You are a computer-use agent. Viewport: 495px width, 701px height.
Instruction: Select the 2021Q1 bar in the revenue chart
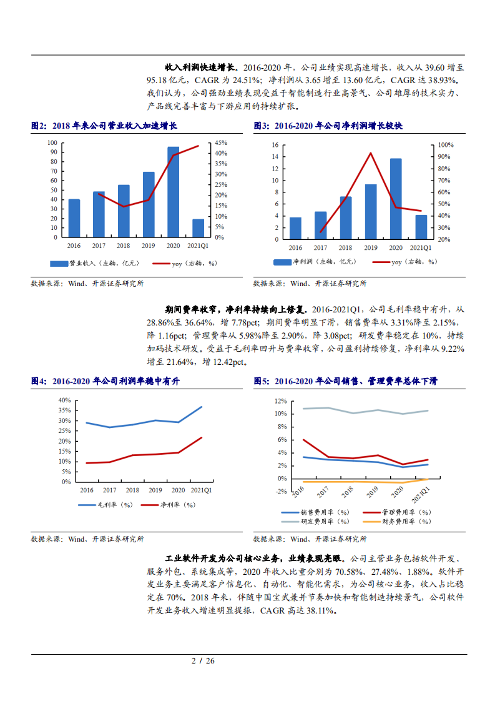(x=198, y=228)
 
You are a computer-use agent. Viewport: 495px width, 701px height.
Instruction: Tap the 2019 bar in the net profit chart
(x=371, y=211)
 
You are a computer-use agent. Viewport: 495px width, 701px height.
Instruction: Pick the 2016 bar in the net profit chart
(x=295, y=228)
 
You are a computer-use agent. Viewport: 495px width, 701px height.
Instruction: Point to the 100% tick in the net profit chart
(x=445, y=145)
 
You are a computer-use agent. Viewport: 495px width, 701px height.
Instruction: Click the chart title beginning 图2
(x=104, y=126)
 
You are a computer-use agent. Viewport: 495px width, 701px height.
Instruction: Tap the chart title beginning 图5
(x=346, y=380)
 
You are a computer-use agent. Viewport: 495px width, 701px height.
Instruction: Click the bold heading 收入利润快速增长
(x=200, y=67)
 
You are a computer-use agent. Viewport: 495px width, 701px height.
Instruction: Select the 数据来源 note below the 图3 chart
(x=310, y=283)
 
